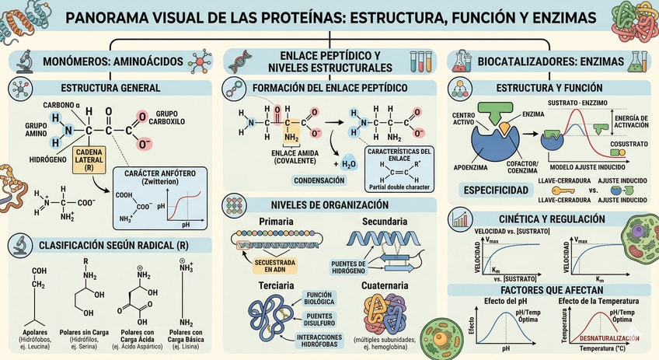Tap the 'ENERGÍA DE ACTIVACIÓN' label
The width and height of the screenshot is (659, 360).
coord(626,122)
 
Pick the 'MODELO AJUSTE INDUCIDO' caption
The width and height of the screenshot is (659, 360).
coord(583,167)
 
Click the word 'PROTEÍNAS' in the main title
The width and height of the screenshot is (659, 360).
coord(274,17)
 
